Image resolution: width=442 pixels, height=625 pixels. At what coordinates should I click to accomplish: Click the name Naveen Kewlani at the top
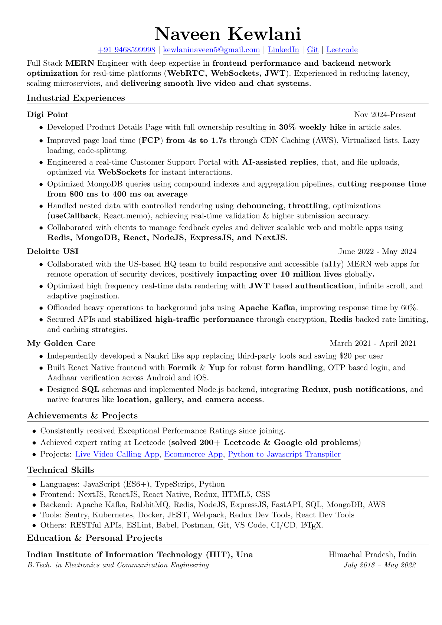tap(227, 34)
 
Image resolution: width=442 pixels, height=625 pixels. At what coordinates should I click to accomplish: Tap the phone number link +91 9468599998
tap(126, 50)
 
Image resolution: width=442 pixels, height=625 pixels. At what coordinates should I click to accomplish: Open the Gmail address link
tap(211, 50)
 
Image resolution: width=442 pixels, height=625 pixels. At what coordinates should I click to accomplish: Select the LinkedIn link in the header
tap(283, 50)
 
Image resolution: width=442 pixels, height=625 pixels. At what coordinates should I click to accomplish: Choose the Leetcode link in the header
tap(342, 50)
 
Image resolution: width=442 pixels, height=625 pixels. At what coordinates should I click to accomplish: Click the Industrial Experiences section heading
tap(76, 98)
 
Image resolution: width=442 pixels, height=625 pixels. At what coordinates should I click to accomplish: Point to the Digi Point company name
tap(48, 115)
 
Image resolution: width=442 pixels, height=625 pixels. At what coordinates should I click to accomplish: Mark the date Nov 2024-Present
tap(385, 115)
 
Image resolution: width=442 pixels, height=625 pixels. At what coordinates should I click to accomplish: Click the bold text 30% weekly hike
tap(312, 127)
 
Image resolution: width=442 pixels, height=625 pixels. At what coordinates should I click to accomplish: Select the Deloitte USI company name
tap(53, 252)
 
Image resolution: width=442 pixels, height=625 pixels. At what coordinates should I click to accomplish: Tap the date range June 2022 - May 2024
tap(377, 252)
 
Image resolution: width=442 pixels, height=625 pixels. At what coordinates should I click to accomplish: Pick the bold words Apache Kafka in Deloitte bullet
tap(267, 308)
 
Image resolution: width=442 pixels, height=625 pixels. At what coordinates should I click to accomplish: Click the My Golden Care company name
tap(61, 343)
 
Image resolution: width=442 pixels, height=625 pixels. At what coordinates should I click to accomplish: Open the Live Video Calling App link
tap(117, 454)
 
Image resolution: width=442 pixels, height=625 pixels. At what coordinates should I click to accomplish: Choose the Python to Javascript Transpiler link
tap(284, 454)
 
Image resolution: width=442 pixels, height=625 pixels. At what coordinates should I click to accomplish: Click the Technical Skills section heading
tap(60, 470)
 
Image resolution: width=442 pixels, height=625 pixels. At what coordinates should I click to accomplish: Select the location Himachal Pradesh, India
tap(372, 555)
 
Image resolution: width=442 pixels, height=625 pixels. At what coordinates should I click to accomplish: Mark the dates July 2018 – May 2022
tap(380, 565)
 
